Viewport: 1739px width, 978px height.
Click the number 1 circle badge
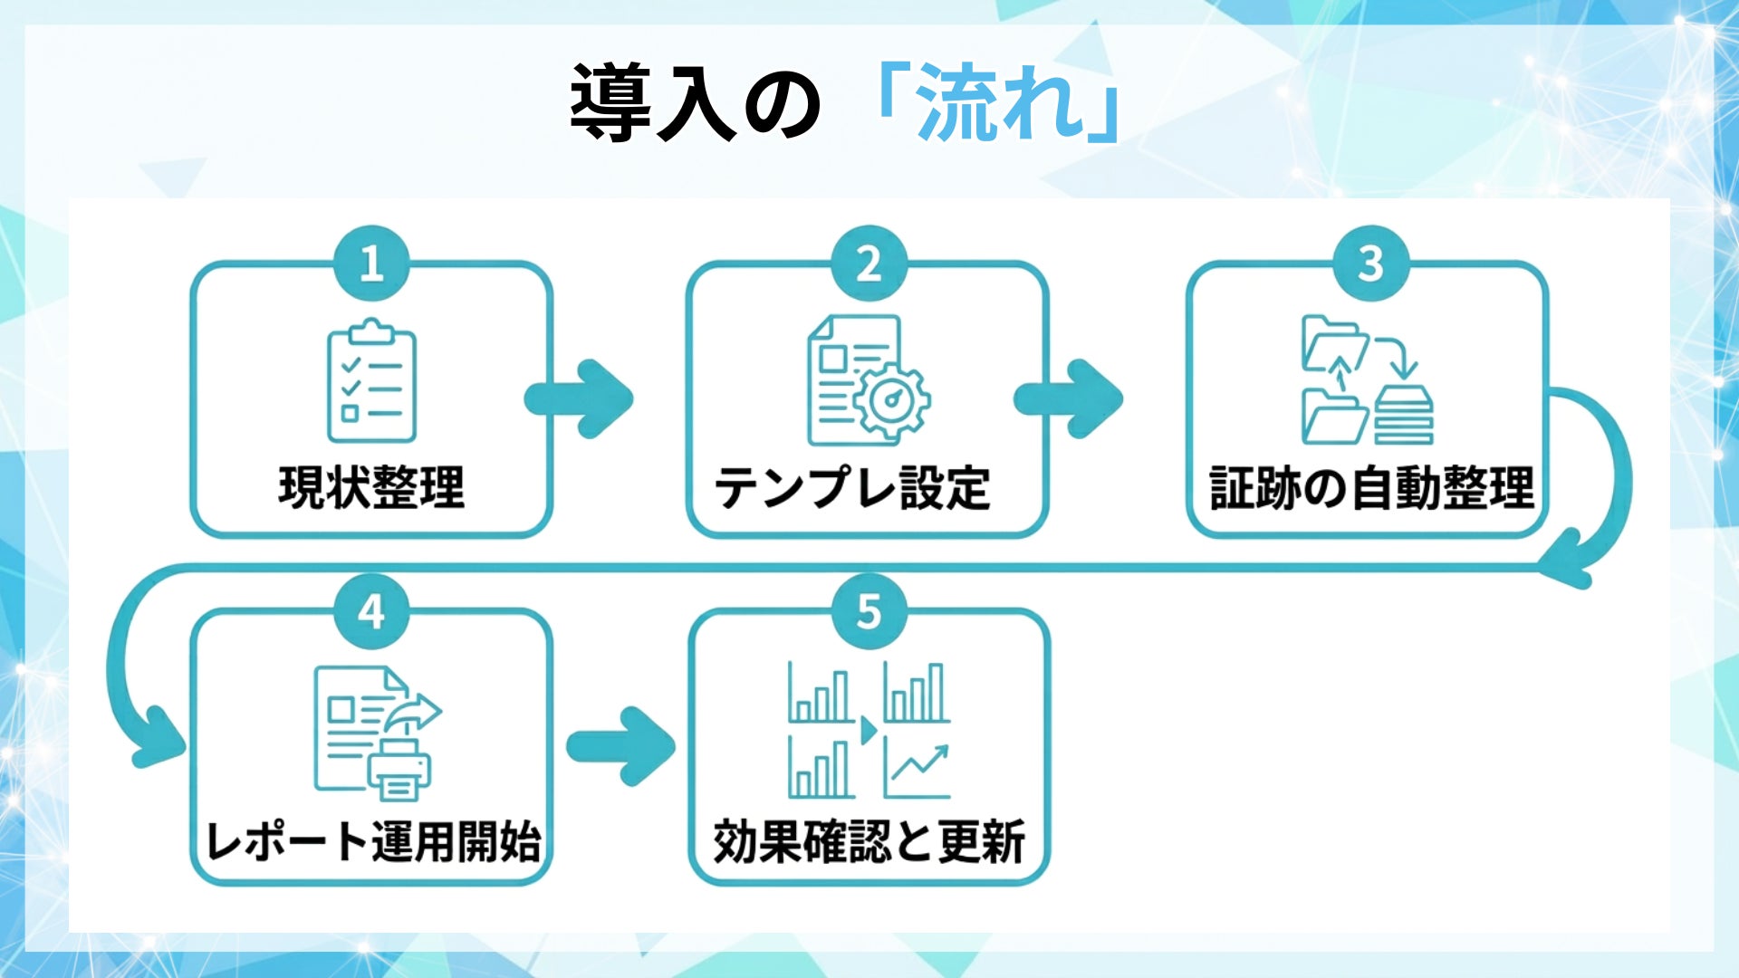click(370, 264)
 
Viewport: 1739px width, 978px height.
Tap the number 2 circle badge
click(869, 264)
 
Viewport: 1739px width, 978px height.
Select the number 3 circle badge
click(1370, 264)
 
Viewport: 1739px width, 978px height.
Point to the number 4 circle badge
click(370, 611)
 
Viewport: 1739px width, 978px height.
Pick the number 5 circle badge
click(869, 611)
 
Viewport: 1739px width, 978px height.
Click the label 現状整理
click(371, 487)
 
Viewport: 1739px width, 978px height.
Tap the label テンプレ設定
click(852, 487)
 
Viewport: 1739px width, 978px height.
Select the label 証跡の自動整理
click(1371, 487)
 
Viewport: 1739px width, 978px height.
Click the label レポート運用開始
click(372, 841)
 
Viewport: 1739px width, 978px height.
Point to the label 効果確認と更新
click(869, 841)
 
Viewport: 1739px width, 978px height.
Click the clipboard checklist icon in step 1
click(371, 380)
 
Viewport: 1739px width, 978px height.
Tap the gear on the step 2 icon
click(893, 399)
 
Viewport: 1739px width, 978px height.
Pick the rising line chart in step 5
click(918, 769)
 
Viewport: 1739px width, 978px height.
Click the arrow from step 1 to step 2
click(581, 399)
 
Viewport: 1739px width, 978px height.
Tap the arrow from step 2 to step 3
click(1070, 399)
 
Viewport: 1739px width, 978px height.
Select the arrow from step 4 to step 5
click(621, 747)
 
